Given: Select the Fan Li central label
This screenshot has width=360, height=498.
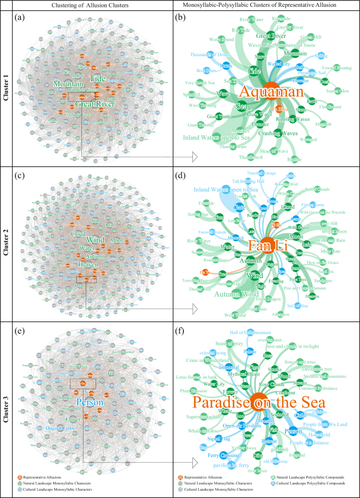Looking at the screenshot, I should [267, 245].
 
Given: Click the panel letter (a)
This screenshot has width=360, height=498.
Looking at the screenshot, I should [20, 18].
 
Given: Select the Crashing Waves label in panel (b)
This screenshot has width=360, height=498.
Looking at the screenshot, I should [278, 133].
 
